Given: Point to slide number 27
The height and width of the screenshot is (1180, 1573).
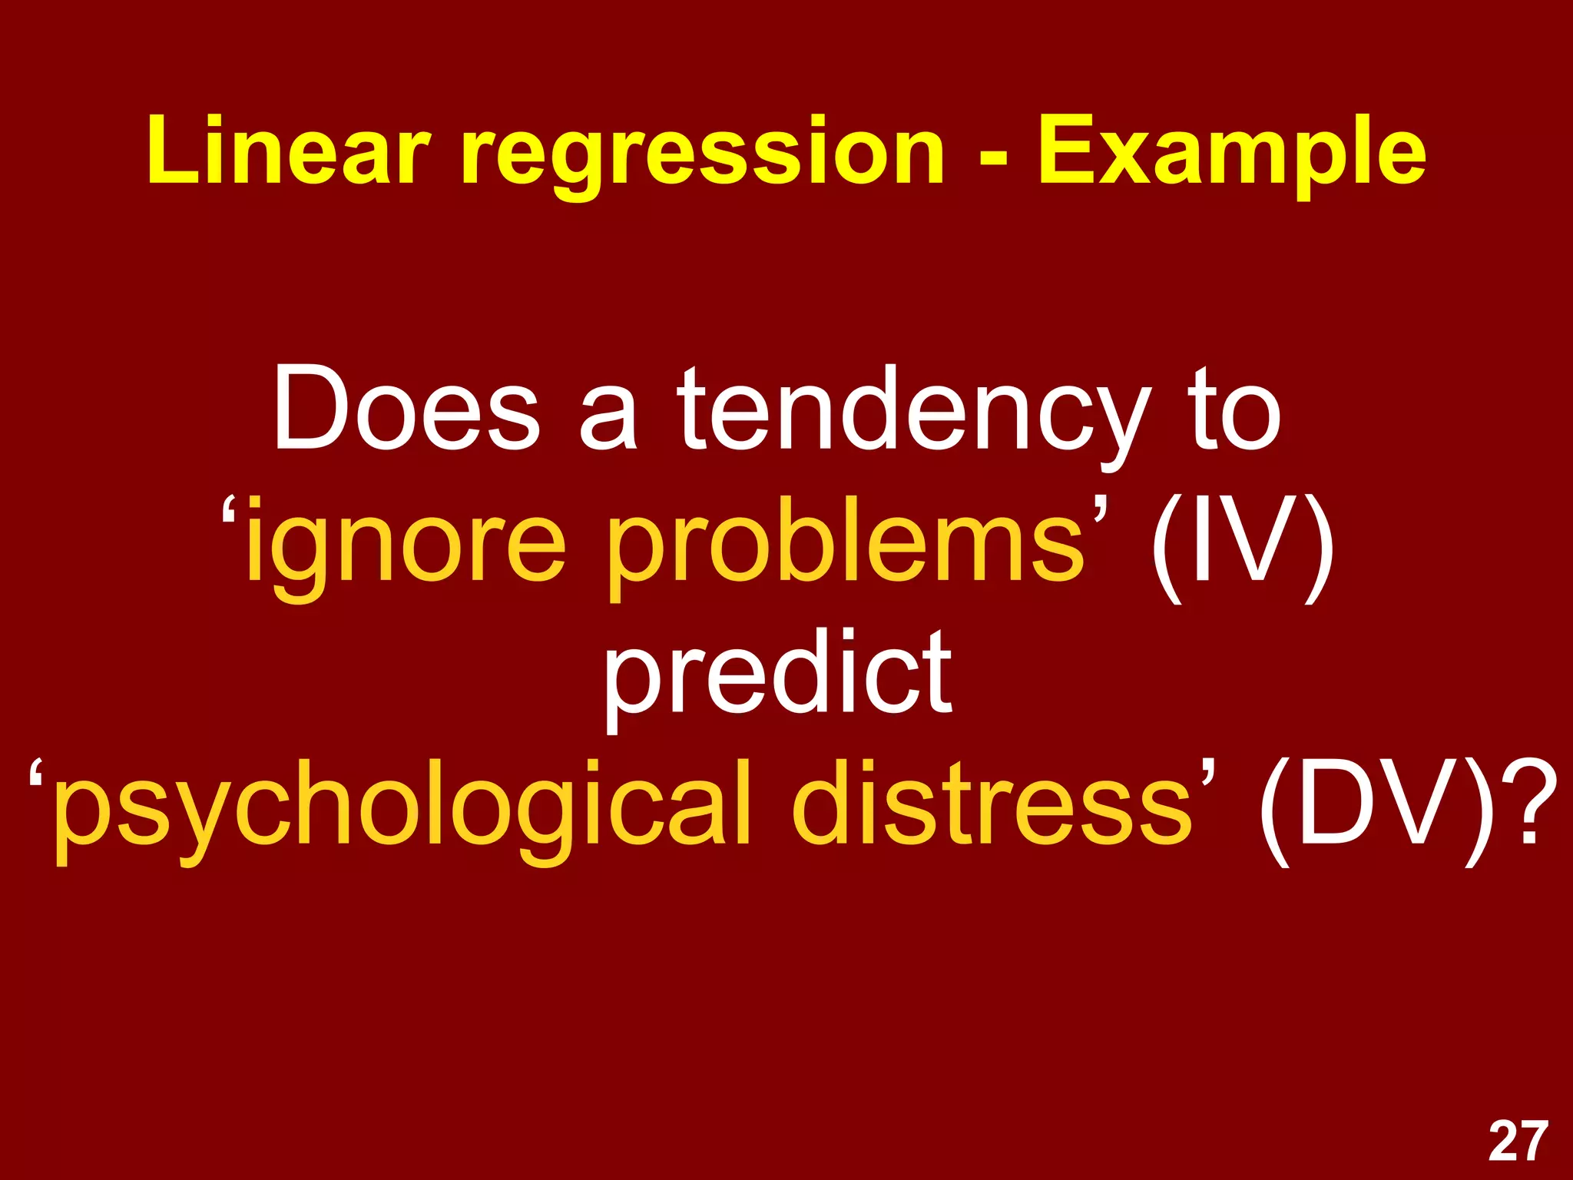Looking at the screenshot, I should click(x=1518, y=1142).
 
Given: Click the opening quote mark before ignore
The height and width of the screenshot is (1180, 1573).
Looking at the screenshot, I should click(x=230, y=513).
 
